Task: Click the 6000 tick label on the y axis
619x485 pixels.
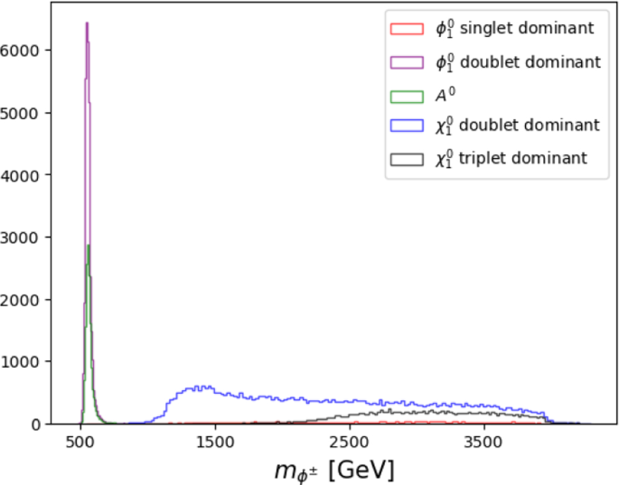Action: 21,51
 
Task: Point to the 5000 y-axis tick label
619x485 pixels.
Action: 21,113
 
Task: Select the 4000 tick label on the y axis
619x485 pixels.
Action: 21,175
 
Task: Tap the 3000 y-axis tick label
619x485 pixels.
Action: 21,238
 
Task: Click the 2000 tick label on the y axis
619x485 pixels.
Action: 21,300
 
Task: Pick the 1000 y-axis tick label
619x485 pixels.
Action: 21,362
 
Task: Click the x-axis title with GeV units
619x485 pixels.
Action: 333,470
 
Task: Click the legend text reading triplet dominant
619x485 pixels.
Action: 511,158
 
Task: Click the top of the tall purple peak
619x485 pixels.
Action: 86,23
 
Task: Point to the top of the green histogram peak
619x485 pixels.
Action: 88,246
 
